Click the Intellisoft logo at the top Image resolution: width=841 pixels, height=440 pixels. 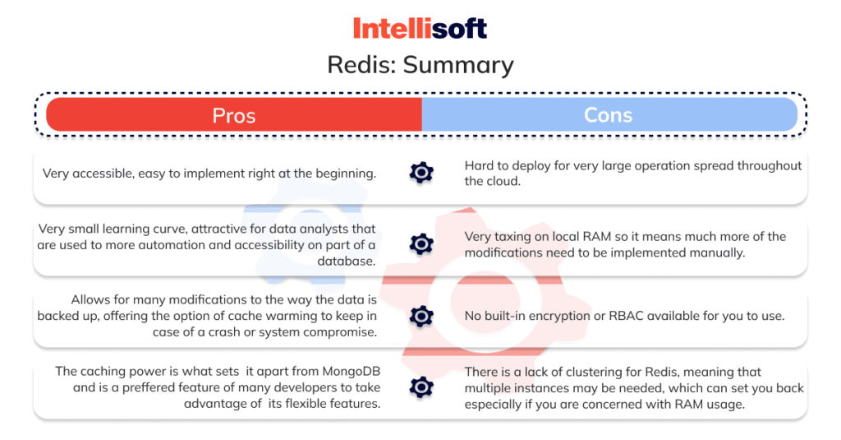420,28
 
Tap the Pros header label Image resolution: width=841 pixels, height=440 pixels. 234,115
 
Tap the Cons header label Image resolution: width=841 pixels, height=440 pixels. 608,115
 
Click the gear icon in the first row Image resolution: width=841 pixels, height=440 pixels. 421,173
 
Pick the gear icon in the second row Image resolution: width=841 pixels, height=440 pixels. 421,244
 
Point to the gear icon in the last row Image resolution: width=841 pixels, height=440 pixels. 421,387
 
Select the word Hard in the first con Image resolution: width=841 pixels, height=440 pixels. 479,165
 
